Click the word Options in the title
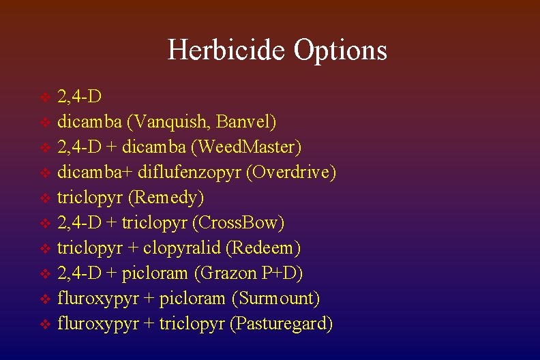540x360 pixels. coord(340,50)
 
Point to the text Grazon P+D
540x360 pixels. coord(249,273)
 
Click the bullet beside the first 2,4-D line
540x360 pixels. coord(46,97)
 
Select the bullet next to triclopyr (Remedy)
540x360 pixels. coord(46,198)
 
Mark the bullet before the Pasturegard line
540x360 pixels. coord(46,325)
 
